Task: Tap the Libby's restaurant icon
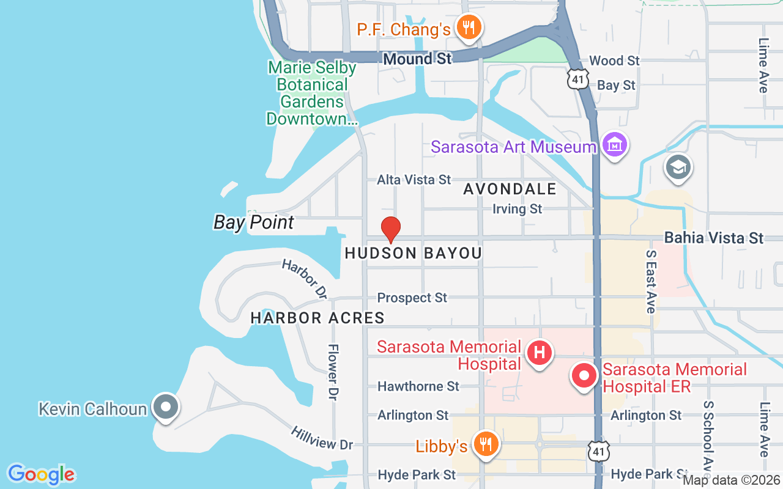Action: (486, 444)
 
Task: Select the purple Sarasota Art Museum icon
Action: (614, 145)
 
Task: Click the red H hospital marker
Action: (540, 353)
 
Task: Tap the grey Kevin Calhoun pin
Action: (165, 406)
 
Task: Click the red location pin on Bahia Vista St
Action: (391, 229)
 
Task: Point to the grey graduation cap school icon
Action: (678, 167)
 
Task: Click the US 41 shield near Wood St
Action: (577, 78)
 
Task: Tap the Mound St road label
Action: (417, 59)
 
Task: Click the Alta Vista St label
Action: (414, 180)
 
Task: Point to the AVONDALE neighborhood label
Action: (510, 189)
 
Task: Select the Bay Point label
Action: (254, 222)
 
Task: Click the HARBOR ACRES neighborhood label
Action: (317, 318)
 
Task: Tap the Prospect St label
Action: (412, 298)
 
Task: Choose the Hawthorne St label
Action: (418, 386)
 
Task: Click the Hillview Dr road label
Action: (322, 438)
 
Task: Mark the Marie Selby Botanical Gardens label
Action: (312, 93)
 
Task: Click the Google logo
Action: (41, 474)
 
